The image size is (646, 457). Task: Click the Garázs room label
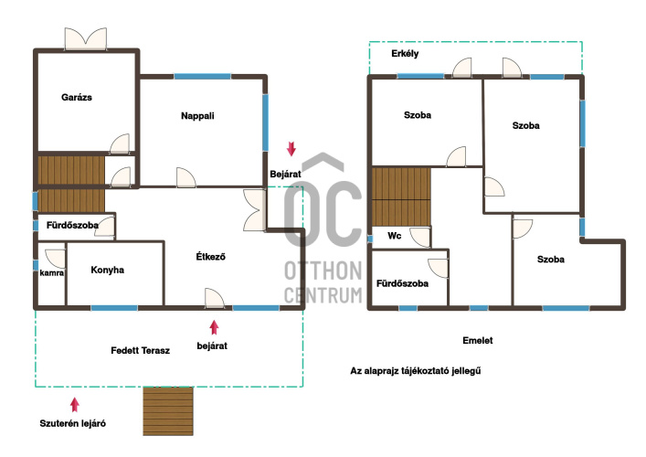pos(77,98)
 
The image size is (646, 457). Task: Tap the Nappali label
pos(197,116)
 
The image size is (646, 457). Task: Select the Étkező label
pos(210,256)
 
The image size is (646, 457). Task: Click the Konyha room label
pos(107,270)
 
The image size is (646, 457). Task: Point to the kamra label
pos(51,272)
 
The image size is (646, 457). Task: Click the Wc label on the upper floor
pos(395,236)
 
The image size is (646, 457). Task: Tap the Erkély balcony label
pos(405,54)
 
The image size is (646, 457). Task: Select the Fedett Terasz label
pos(140,351)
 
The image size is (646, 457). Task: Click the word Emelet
pos(478,340)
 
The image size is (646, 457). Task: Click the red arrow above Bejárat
pos(291,149)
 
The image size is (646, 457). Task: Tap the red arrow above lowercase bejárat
pos(214,327)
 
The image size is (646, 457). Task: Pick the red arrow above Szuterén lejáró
pos(75,405)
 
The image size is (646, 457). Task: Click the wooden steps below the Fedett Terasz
pos(168,411)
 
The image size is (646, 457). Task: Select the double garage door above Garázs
pos(86,39)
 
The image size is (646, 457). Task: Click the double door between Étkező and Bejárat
pos(255,209)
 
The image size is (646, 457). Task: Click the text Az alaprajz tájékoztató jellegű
pos(415,370)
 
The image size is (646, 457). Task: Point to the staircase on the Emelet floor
pos(401,197)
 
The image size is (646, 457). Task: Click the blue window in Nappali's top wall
pos(202,76)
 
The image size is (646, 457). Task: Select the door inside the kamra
pos(55,259)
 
